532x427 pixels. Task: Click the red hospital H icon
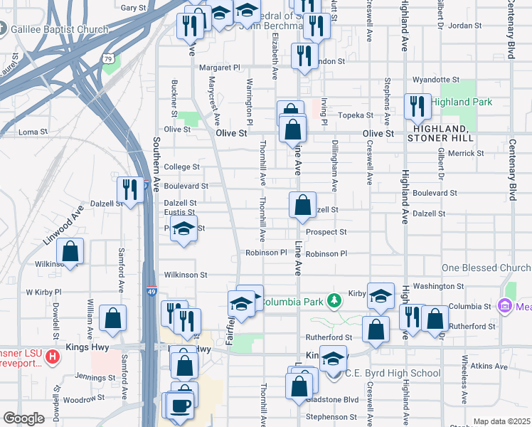click(51, 356)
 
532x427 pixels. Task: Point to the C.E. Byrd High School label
click(393, 373)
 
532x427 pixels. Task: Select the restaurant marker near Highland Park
click(416, 106)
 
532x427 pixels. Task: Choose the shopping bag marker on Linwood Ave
click(70, 251)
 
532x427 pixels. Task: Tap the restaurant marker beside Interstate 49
click(129, 189)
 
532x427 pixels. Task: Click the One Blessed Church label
click(486, 268)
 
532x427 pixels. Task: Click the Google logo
click(23, 418)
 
